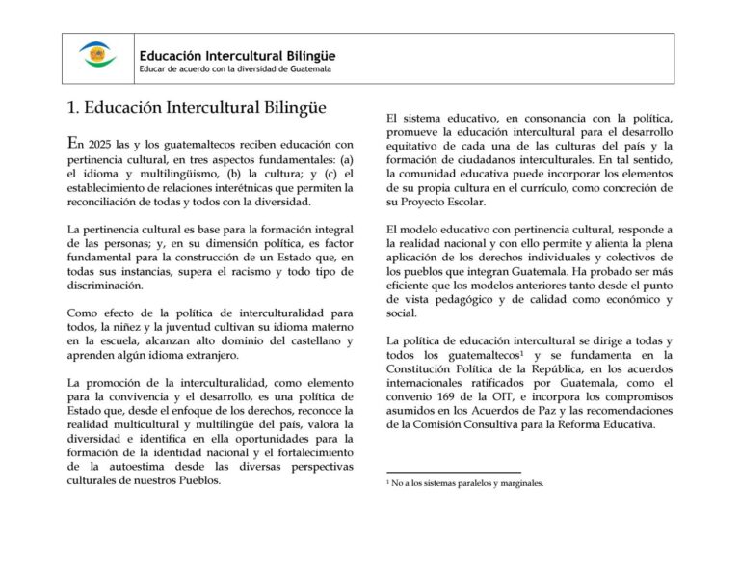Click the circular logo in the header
coord(97,56)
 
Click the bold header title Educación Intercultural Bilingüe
coord(236,56)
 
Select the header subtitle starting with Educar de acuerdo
coord(235,69)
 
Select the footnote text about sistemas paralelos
coord(467,483)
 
